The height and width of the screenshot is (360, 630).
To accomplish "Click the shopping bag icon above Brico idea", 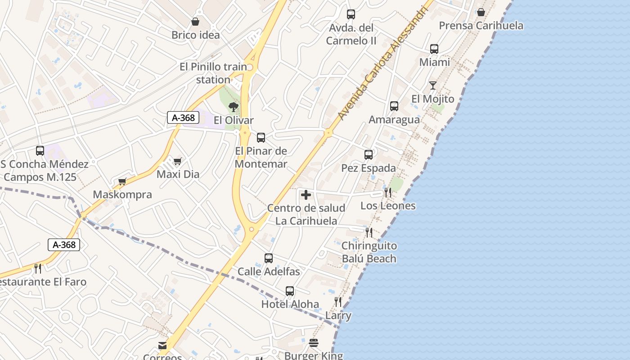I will point(195,22).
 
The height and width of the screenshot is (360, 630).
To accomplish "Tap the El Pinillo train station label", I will point(213,73).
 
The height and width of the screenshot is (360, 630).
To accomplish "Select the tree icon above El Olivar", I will point(233,107).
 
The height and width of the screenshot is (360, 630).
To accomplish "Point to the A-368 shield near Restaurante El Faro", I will point(64,245).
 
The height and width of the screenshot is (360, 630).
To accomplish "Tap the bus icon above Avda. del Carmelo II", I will point(351,14).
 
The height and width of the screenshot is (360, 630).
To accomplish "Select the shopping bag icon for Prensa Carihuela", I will point(481,12).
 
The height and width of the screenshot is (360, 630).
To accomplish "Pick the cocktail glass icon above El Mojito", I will point(433,85).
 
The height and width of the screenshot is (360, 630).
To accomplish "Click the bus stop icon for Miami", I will point(434,49).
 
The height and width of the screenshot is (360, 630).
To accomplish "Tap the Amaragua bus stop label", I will point(394,120).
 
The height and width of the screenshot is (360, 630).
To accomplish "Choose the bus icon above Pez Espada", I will point(369,155).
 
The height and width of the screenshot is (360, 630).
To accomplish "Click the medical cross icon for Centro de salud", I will point(306,195).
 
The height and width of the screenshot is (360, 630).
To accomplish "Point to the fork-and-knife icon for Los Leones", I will point(387,193).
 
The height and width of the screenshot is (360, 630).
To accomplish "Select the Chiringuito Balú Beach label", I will point(369,252).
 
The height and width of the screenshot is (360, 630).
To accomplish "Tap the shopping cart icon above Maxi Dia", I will point(178,161).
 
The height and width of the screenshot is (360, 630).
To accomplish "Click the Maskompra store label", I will point(122,195).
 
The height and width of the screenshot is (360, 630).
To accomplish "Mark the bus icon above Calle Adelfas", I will point(269,258).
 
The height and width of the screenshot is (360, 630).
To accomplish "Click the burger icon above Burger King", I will point(314,343).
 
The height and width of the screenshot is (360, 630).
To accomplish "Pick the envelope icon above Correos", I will point(162,346).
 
